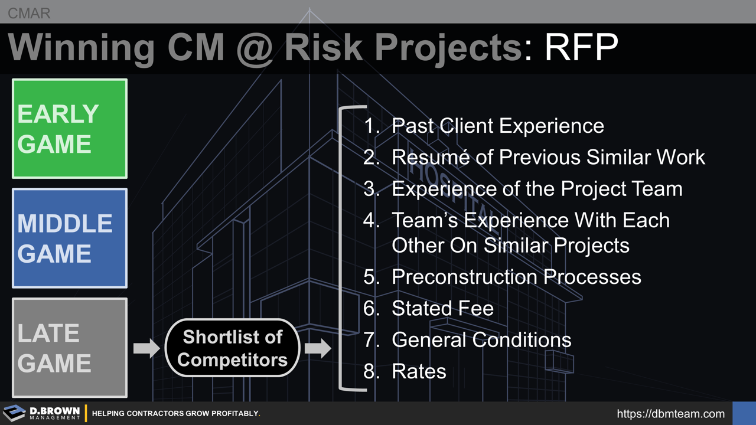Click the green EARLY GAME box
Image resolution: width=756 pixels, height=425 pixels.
[70, 129]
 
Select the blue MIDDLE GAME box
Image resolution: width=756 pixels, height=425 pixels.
[70, 238]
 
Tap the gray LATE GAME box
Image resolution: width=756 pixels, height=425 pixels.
[70, 348]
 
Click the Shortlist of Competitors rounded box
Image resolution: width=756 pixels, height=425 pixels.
[232, 348]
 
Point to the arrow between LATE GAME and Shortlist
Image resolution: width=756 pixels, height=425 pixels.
[146, 348]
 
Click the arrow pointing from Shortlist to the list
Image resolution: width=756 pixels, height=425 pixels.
[318, 348]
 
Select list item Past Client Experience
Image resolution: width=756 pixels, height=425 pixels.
[497, 126]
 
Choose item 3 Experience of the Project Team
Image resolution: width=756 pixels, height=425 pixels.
[536, 189]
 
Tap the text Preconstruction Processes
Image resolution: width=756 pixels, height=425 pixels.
[516, 277]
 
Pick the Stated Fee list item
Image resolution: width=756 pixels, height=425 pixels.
[442, 308]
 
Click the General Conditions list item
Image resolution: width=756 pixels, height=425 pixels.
[481, 340]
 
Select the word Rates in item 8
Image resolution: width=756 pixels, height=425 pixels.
[419, 371]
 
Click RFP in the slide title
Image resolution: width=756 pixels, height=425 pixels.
[581, 47]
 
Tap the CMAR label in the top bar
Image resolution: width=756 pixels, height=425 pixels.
[29, 13]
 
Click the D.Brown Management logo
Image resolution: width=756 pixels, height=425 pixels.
[41, 413]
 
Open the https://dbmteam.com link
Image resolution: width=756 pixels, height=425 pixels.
[670, 414]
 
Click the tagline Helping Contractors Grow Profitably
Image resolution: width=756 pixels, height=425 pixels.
[176, 414]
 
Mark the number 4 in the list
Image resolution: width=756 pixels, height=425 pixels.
[369, 221]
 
